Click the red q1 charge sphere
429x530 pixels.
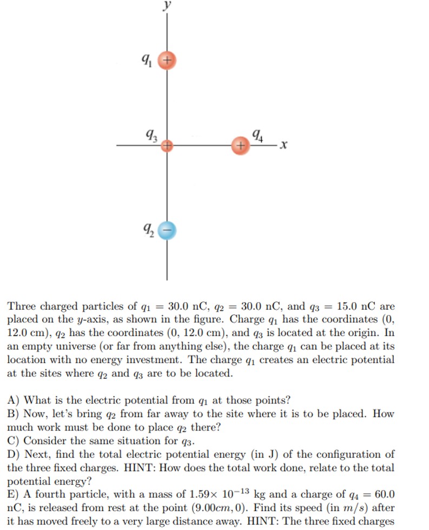tap(167, 61)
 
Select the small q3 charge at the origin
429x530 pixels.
tap(167, 145)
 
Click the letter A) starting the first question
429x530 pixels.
tap(14, 400)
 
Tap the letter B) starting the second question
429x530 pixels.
tap(14, 414)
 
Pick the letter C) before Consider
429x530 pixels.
tap(14, 441)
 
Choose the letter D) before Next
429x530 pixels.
tap(14, 454)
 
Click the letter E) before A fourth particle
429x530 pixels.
tap(14, 494)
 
